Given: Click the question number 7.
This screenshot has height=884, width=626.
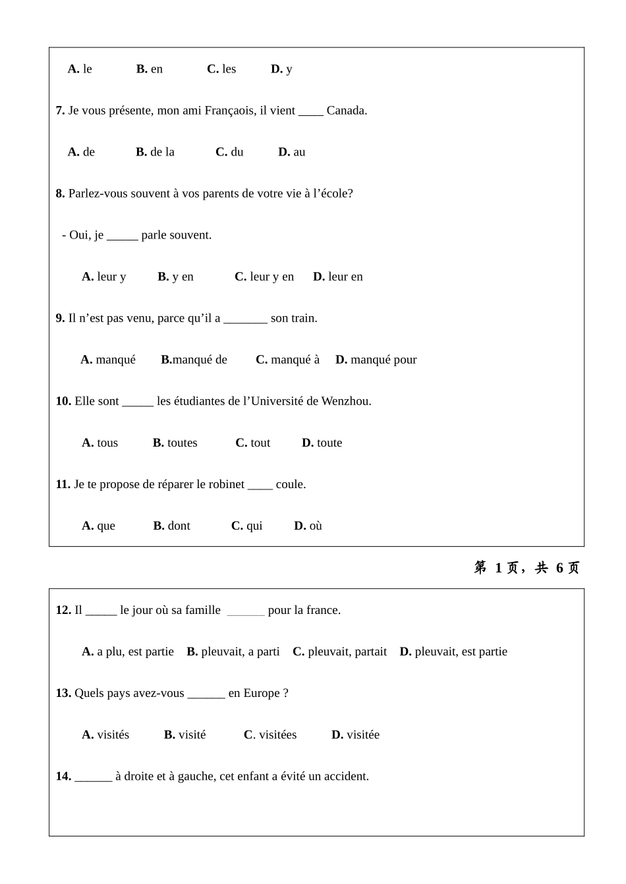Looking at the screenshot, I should pos(60,111).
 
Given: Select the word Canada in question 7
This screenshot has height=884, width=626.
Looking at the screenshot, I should pos(346,111).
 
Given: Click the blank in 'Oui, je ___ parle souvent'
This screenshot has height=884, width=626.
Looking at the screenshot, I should pos(122,236).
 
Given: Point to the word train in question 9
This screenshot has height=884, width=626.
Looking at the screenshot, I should pos(303,318).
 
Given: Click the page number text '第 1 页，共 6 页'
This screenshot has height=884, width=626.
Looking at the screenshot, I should pos(526,568).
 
